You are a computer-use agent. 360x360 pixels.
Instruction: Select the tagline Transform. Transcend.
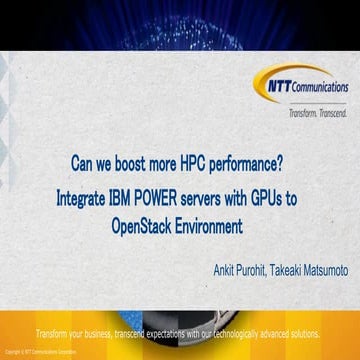[x=317, y=113]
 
